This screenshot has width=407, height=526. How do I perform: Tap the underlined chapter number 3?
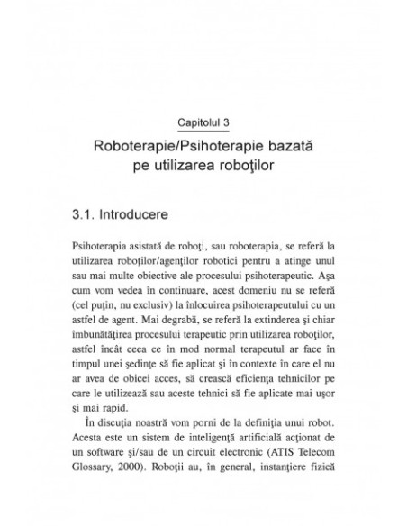(x=227, y=121)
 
